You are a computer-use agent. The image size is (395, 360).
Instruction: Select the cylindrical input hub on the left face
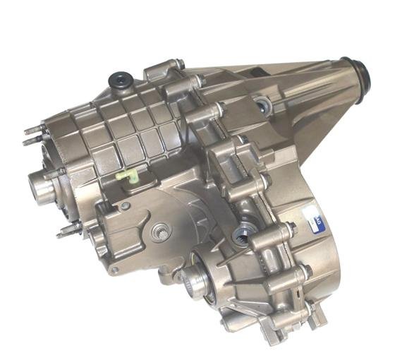41,185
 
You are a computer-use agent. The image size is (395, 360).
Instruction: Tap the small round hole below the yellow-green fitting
125,207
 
